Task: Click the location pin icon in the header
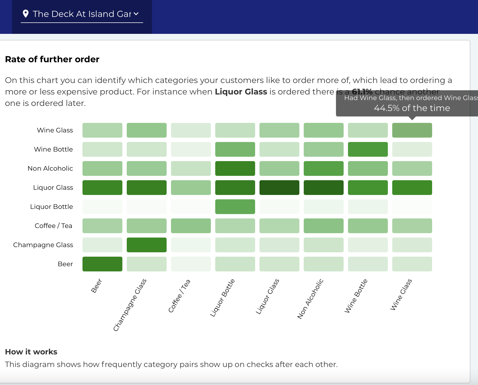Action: (x=26, y=14)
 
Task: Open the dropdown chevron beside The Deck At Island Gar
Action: (x=136, y=14)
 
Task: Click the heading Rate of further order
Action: (x=52, y=59)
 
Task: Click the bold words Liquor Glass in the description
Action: (x=241, y=92)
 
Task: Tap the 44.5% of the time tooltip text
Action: (x=412, y=108)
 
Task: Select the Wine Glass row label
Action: (x=55, y=130)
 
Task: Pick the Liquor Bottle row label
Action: (x=52, y=207)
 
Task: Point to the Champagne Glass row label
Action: (x=43, y=245)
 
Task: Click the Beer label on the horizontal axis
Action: (x=96, y=286)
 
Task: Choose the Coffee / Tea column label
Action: (x=179, y=296)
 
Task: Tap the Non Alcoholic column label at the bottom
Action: (x=310, y=299)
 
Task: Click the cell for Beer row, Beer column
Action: (x=102, y=264)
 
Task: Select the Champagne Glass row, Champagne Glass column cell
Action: (x=147, y=245)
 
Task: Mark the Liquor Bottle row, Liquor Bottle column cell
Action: (x=235, y=207)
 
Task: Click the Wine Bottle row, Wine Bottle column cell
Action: (x=368, y=149)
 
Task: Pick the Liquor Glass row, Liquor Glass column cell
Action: (x=279, y=188)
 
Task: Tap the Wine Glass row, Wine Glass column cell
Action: (x=412, y=130)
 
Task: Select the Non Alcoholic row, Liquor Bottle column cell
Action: (x=235, y=168)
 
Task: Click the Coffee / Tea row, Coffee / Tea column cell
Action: (x=191, y=226)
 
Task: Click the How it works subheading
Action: (x=31, y=352)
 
